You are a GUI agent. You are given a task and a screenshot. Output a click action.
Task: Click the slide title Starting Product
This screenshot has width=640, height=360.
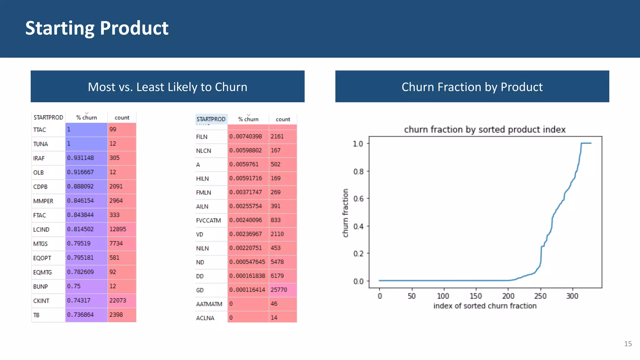coord(97,28)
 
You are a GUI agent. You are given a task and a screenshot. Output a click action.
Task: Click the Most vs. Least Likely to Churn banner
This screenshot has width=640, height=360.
coord(167,87)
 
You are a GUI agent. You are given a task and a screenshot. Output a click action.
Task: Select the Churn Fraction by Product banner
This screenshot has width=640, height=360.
coord(472,87)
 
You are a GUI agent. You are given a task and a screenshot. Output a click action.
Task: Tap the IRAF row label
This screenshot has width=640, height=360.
coord(39,158)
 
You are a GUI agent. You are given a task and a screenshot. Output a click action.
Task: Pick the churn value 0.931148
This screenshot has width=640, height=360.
coord(80,158)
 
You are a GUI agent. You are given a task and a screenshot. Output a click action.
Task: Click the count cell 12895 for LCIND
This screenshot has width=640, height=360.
coord(118,229)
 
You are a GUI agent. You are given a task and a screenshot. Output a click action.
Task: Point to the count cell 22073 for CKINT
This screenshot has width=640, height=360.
coord(118,300)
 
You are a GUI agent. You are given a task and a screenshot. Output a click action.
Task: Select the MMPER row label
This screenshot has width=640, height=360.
coord(43,201)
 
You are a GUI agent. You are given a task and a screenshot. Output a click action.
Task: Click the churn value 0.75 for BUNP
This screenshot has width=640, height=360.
coord(74,286)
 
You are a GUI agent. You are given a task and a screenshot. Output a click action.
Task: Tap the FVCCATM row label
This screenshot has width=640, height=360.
coord(208,220)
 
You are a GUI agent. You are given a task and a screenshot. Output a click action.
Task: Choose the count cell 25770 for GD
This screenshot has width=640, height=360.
coord(279,290)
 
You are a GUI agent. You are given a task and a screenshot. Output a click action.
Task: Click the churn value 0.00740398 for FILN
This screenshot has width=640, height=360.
coord(246,136)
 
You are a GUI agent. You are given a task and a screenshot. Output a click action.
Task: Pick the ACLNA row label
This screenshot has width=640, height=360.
coord(205,318)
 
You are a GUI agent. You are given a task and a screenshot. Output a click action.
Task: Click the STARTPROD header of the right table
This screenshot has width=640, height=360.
coord(211,119)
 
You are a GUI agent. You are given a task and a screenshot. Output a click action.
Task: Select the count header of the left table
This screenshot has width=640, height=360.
coord(122,117)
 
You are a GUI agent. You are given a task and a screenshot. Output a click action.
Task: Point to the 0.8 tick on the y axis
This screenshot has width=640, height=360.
coord(358,172)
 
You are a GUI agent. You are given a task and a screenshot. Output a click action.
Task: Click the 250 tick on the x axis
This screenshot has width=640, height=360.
coord(540,296)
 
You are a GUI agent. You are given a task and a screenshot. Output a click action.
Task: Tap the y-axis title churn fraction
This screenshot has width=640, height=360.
coord(345,213)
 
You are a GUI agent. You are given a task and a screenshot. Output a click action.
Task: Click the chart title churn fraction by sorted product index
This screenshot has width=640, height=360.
coord(485,129)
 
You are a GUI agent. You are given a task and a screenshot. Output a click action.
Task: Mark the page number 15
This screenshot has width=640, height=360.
coord(628,344)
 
